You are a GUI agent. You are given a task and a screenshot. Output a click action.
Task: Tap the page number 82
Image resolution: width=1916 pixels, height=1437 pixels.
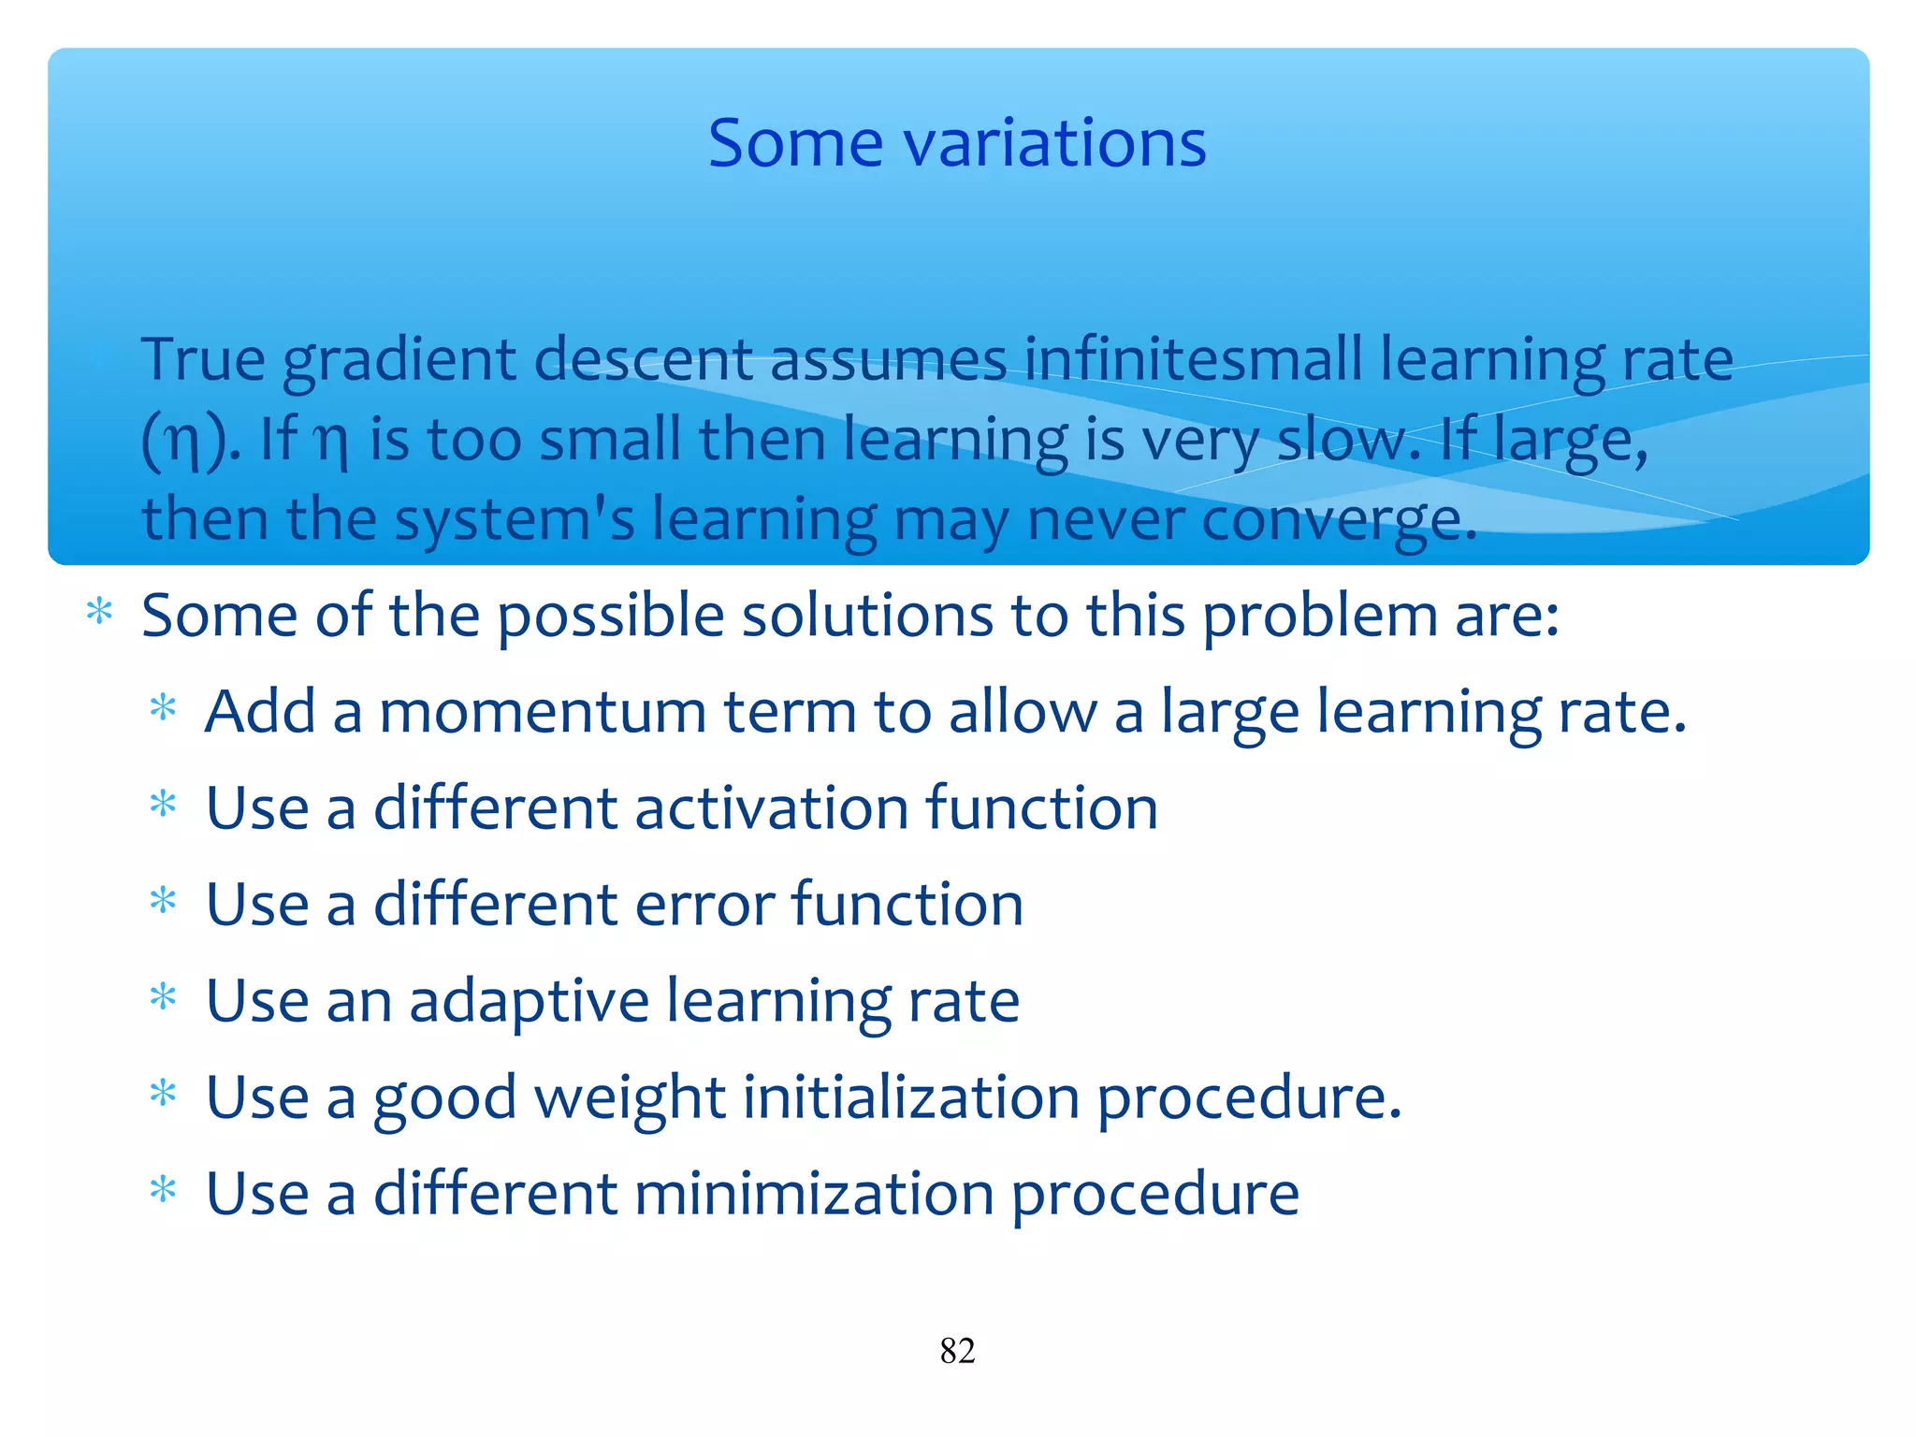click(x=957, y=1351)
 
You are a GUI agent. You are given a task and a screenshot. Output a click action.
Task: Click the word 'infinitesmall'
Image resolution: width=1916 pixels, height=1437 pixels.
click(x=1193, y=359)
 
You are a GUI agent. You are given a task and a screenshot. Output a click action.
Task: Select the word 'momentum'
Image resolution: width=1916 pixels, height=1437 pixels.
click(x=542, y=712)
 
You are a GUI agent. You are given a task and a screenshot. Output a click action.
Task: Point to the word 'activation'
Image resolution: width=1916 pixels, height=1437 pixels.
click(x=771, y=808)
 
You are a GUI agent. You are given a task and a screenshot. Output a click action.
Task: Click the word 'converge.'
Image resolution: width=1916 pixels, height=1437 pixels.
click(x=1338, y=519)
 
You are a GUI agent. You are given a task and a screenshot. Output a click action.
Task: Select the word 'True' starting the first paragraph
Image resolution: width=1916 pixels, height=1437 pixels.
click(x=203, y=359)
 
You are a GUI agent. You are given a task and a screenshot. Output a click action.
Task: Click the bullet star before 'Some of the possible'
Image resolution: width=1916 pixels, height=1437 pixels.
click(x=99, y=614)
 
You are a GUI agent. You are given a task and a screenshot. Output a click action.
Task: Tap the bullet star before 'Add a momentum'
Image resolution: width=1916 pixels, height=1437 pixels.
click(x=163, y=708)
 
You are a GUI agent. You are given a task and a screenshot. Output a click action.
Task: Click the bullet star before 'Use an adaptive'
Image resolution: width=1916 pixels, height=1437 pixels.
click(x=163, y=997)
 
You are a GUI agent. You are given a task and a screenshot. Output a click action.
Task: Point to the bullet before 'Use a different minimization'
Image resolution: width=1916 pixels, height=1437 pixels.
click(x=163, y=1191)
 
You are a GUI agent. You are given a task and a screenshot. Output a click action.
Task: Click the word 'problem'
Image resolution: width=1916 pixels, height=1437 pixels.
click(x=1319, y=617)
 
